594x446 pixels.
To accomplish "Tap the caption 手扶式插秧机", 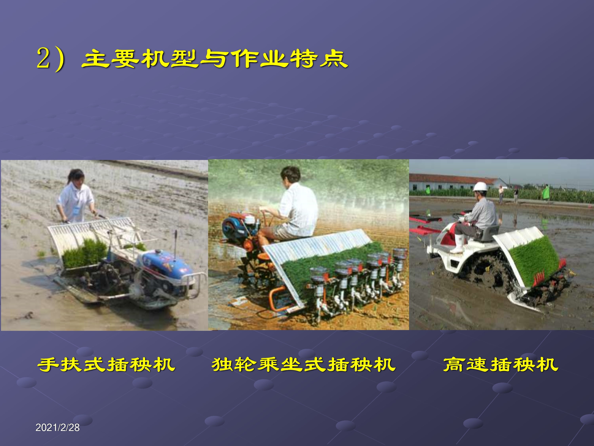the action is tap(106, 365).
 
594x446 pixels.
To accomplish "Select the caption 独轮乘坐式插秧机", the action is tap(304, 365).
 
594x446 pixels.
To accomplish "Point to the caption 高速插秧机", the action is tap(501, 365).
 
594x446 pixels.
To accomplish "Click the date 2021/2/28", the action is tap(57, 427).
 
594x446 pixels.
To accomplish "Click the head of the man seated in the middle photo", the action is tap(290, 175).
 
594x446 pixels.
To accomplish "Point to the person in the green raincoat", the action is tap(546, 192).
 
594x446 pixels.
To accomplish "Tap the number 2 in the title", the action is tap(44, 58).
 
